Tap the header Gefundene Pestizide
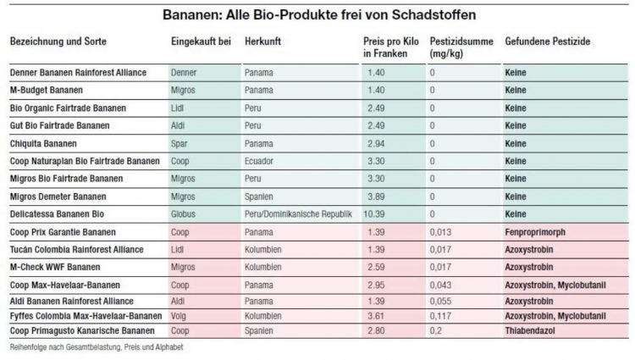click(548, 42)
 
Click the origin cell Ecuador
click(259, 161)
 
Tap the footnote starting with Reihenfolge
click(96, 346)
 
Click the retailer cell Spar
click(179, 143)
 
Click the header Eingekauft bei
click(201, 42)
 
